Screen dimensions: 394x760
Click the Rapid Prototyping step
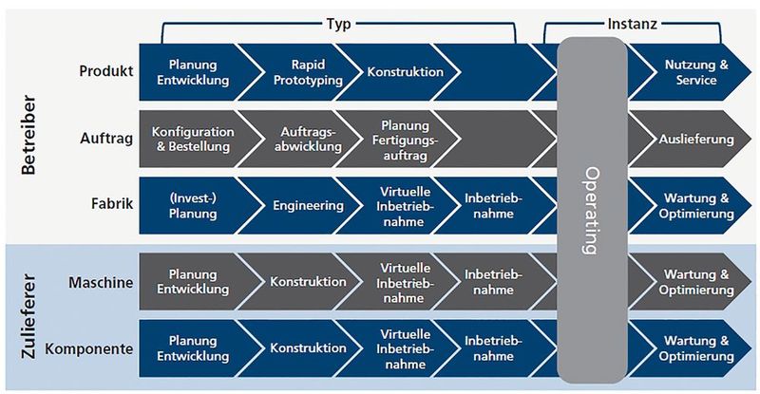click(296, 72)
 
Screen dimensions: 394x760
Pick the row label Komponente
click(87, 348)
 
